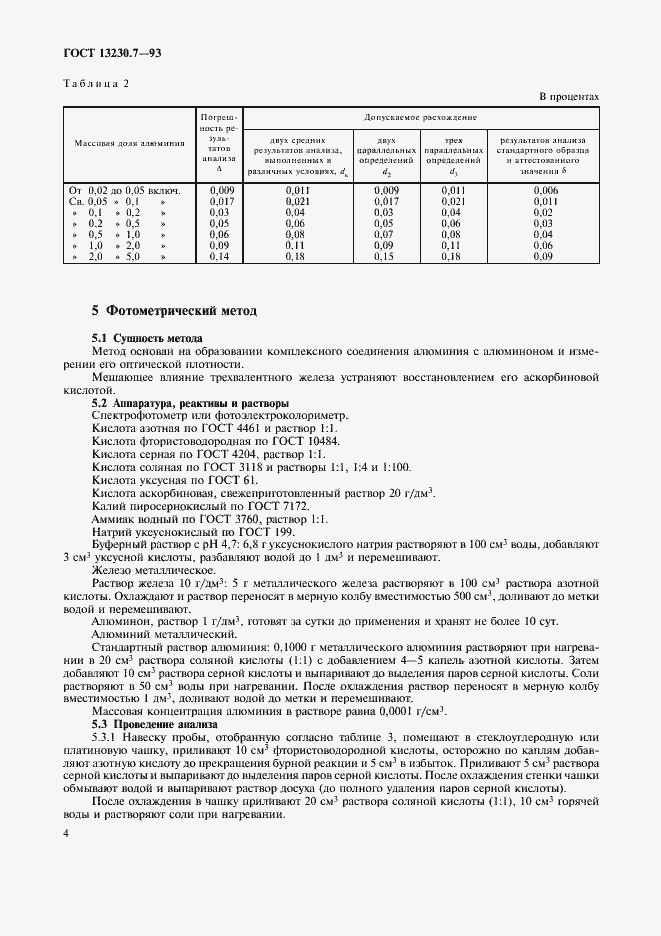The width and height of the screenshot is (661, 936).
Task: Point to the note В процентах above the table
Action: (x=569, y=97)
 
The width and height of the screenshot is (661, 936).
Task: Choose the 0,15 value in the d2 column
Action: (x=385, y=256)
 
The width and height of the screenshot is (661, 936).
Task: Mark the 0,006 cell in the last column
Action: (x=545, y=189)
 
